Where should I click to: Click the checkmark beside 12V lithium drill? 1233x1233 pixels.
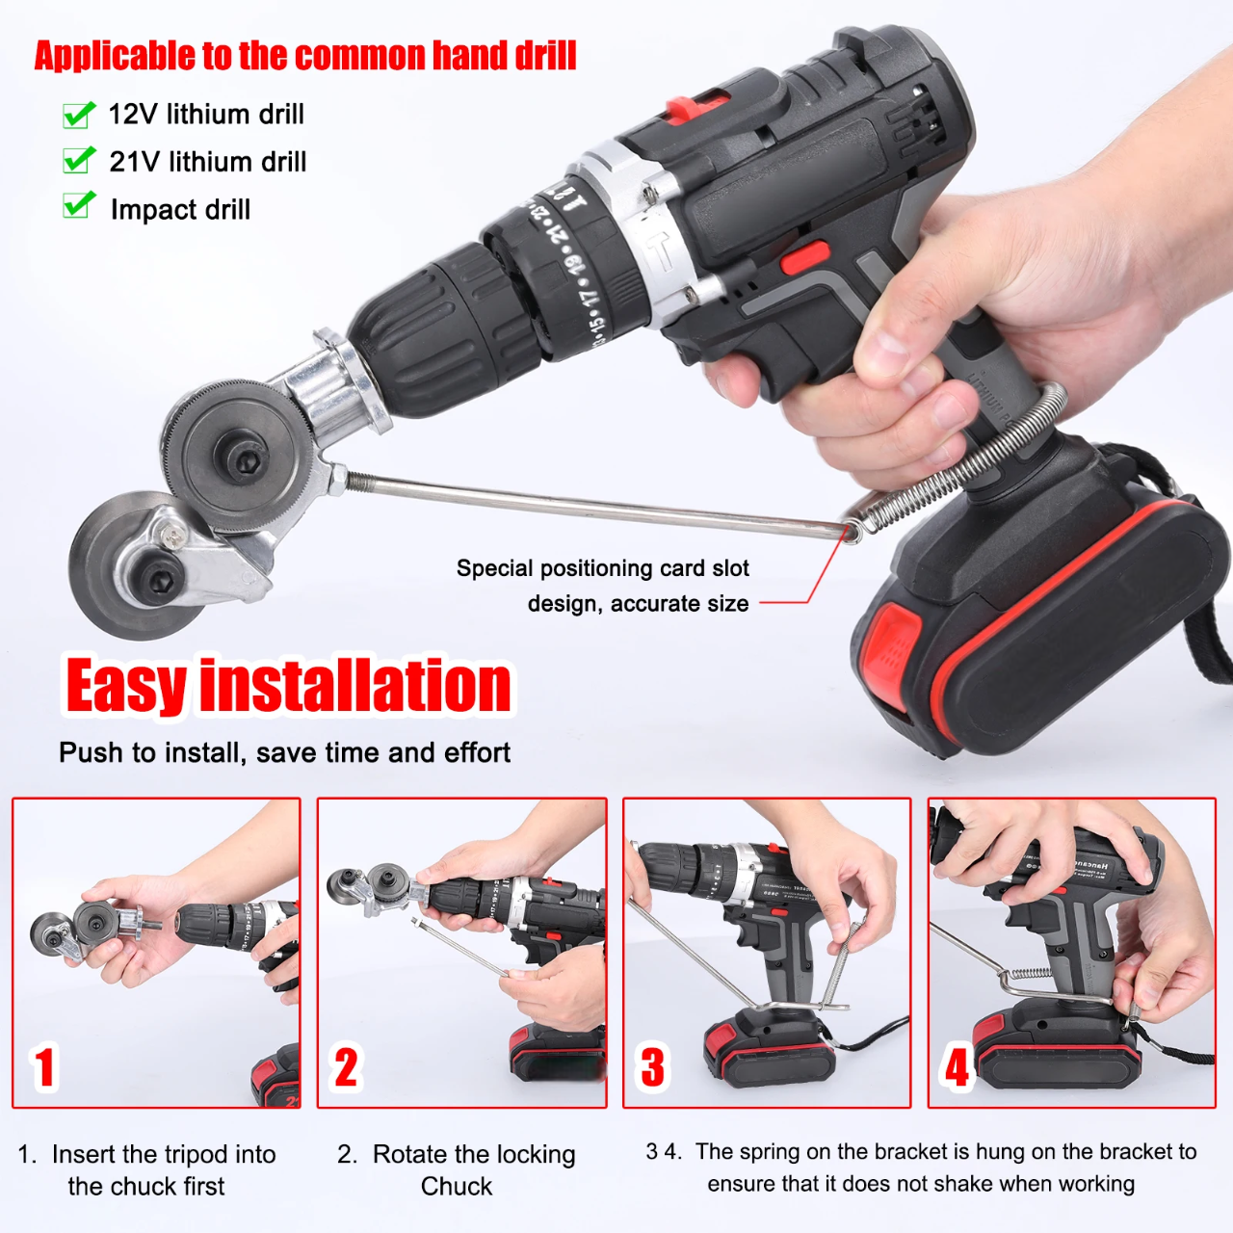(x=79, y=115)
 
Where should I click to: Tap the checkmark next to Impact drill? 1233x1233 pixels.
(x=79, y=205)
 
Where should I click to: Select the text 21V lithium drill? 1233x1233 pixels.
(x=208, y=162)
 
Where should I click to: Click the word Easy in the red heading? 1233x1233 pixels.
(x=125, y=686)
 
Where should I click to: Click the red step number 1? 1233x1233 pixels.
(x=44, y=1067)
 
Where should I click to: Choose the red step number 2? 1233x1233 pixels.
(x=346, y=1067)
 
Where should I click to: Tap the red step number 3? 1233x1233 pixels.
(x=652, y=1067)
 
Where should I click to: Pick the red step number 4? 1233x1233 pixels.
(x=957, y=1067)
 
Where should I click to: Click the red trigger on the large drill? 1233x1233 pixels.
(x=803, y=258)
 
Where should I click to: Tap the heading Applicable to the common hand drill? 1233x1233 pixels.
(x=305, y=56)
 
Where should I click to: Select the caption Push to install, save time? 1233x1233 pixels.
(x=284, y=752)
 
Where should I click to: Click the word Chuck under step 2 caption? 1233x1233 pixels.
(x=457, y=1187)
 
